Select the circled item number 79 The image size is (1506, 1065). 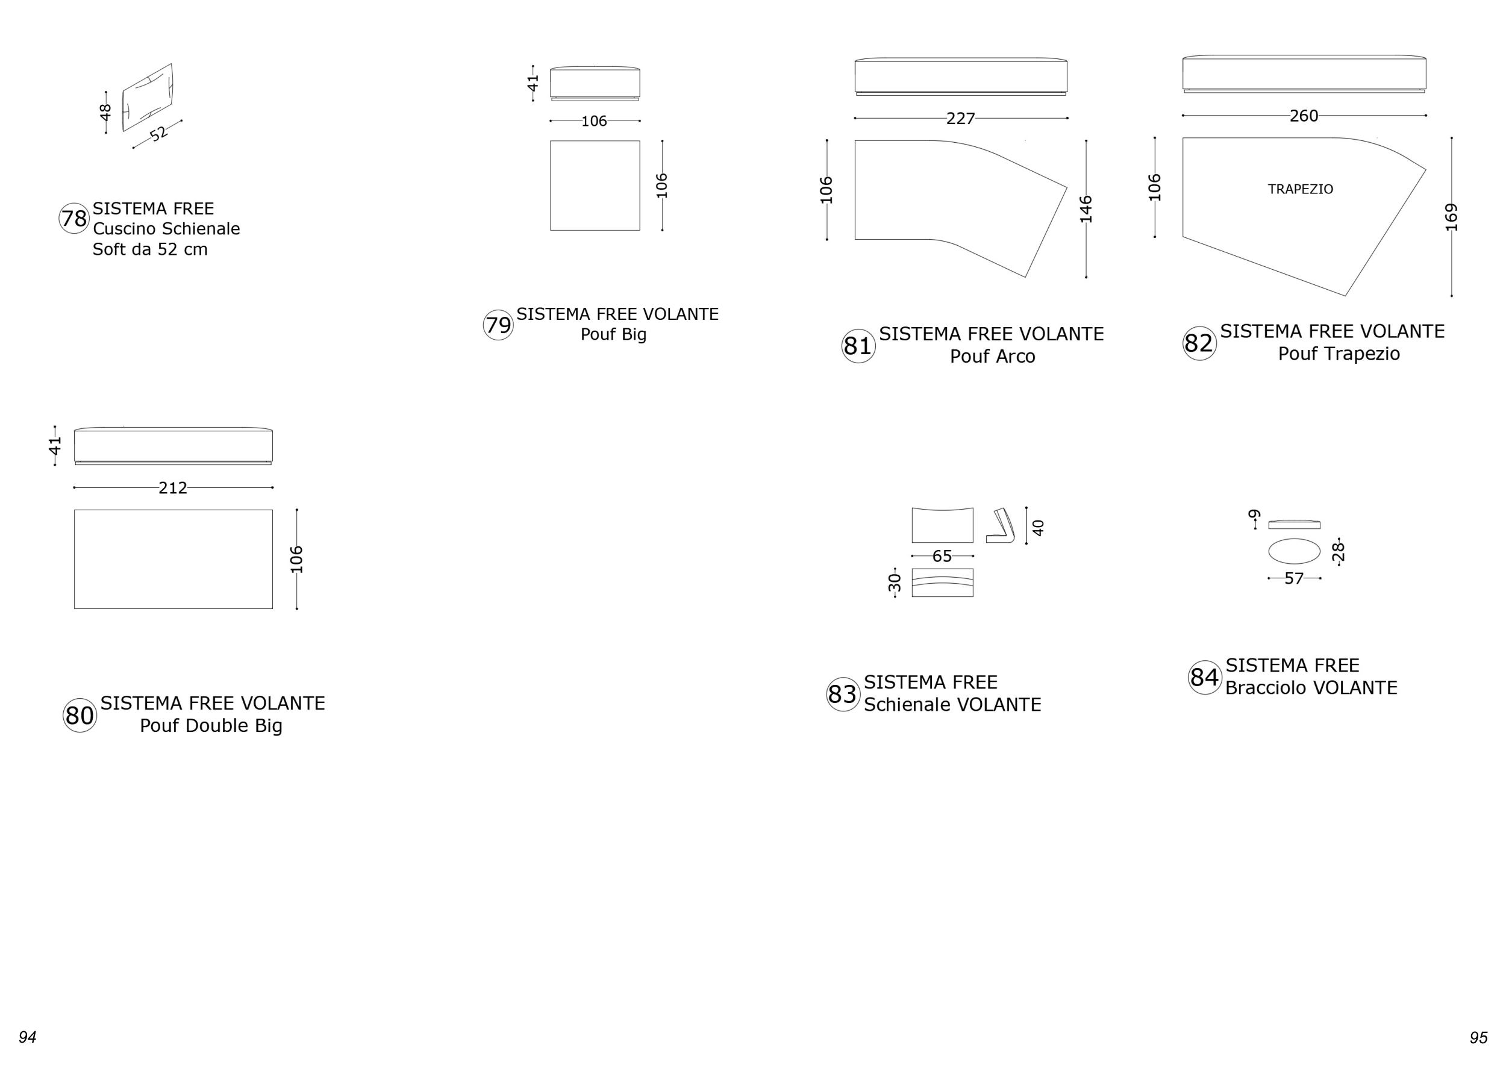point(498,325)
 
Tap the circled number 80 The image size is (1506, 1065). point(80,715)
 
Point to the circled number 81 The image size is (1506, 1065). point(858,346)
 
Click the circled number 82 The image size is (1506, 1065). point(1199,343)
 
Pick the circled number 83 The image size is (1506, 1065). point(843,694)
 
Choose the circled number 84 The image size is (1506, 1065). point(1205,677)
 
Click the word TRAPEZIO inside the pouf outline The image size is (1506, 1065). point(1300,190)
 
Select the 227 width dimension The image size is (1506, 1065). point(960,119)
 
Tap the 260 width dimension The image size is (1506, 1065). point(1304,116)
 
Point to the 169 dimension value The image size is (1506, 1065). point(1451,217)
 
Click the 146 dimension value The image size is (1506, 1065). point(1086,209)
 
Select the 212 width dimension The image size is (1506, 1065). point(172,488)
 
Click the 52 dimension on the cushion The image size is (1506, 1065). point(159,134)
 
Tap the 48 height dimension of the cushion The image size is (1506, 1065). point(105,113)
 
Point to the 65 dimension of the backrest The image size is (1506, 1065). point(942,556)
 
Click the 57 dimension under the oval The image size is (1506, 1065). point(1293,578)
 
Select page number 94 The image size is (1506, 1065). point(27,1037)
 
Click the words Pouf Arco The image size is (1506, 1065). point(992,357)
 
